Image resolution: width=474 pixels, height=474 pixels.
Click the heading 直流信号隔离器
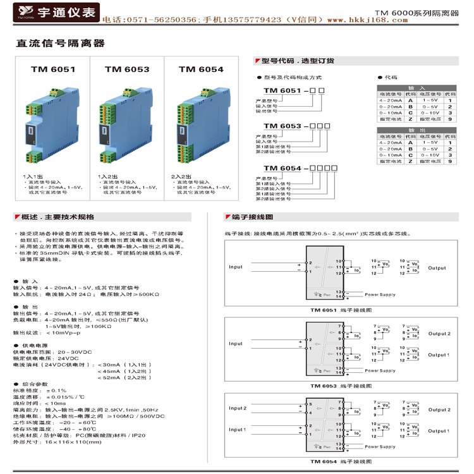(59, 44)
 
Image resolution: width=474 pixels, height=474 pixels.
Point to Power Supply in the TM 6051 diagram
(380, 295)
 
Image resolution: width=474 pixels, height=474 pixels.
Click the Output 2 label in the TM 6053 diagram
(439, 334)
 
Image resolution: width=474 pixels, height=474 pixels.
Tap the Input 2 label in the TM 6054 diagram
(238, 408)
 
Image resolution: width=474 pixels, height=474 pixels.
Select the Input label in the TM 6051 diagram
(236, 267)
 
